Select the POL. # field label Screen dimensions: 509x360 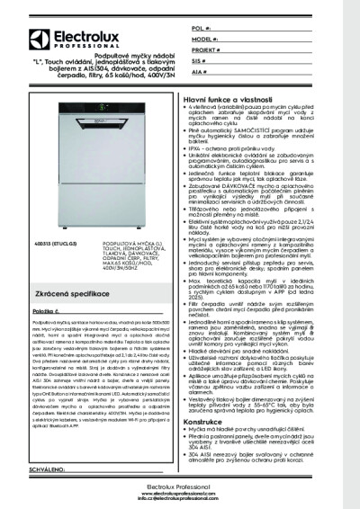(200, 30)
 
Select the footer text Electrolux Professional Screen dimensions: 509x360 (180, 486)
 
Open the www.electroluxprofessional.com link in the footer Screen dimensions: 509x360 (180, 492)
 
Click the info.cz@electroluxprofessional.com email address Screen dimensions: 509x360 (180, 497)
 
